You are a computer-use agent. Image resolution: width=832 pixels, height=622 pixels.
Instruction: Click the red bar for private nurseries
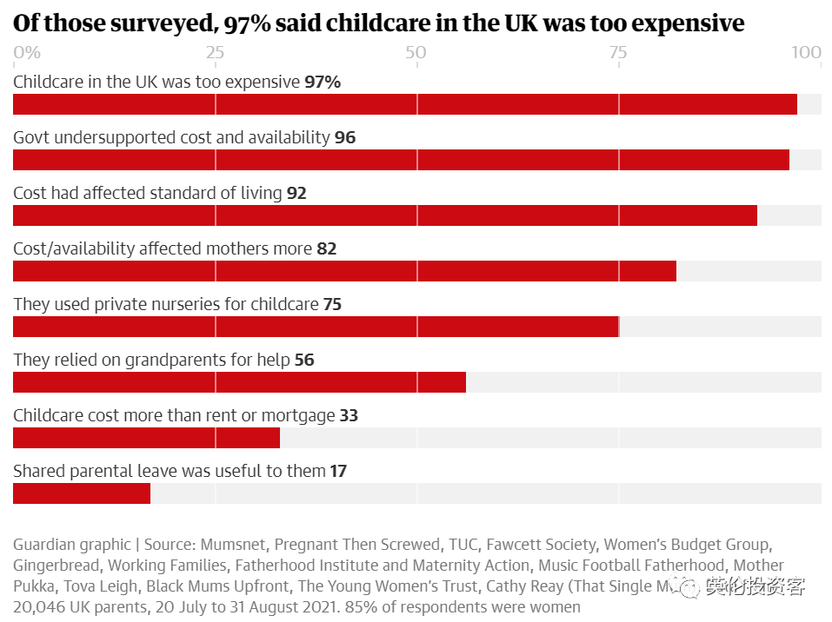(316, 327)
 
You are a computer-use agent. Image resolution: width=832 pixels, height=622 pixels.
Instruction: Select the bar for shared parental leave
(82, 493)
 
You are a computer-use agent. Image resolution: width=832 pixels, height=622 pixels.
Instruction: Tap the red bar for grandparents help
(239, 382)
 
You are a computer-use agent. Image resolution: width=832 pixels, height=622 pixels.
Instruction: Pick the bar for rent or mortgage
(146, 438)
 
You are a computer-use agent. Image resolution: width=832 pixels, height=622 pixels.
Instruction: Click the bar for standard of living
(384, 215)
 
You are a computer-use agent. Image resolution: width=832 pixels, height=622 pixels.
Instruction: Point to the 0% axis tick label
(27, 53)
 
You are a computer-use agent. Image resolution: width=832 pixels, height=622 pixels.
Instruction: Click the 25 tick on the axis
(215, 53)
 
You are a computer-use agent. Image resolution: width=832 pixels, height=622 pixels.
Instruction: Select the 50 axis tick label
(416, 53)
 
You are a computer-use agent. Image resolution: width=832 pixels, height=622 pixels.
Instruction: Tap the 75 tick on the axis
(618, 53)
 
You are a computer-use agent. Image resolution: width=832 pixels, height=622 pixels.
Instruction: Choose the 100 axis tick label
(807, 53)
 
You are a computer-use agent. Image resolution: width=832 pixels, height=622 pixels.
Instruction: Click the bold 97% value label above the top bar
(323, 83)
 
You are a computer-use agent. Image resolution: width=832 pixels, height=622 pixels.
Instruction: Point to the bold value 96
(345, 138)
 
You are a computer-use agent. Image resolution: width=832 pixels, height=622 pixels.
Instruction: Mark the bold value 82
(327, 249)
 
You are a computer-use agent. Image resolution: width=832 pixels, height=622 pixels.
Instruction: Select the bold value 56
(304, 361)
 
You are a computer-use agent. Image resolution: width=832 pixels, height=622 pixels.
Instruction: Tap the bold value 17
(338, 472)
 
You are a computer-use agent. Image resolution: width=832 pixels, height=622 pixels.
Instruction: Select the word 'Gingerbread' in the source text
(56, 566)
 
